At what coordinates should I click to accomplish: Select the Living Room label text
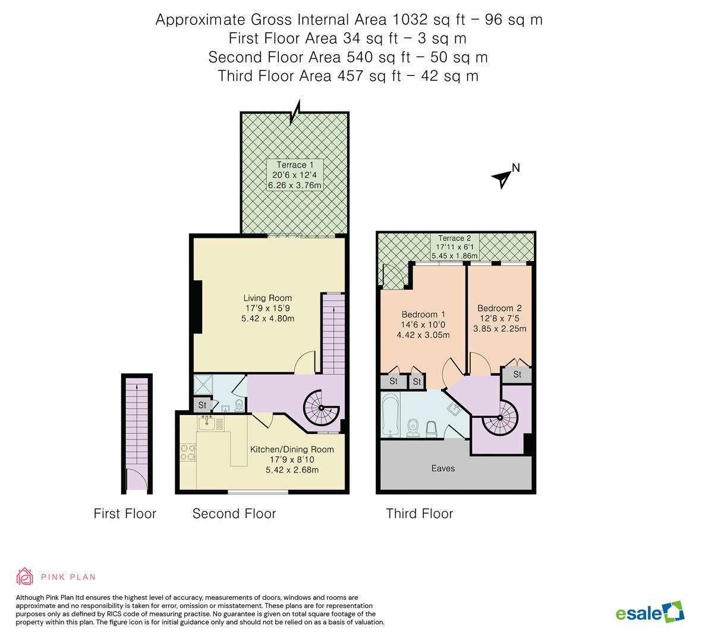(x=268, y=308)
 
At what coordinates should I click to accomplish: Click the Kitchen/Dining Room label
(x=291, y=460)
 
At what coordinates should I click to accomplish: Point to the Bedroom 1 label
(x=423, y=325)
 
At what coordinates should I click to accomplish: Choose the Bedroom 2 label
(x=499, y=318)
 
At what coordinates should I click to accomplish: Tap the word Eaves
(x=443, y=468)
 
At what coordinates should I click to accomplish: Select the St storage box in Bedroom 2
(x=517, y=374)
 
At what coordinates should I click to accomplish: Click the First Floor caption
(x=125, y=514)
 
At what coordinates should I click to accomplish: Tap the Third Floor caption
(x=419, y=514)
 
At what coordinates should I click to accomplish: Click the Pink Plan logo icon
(x=25, y=577)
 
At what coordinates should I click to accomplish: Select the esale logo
(x=649, y=612)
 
